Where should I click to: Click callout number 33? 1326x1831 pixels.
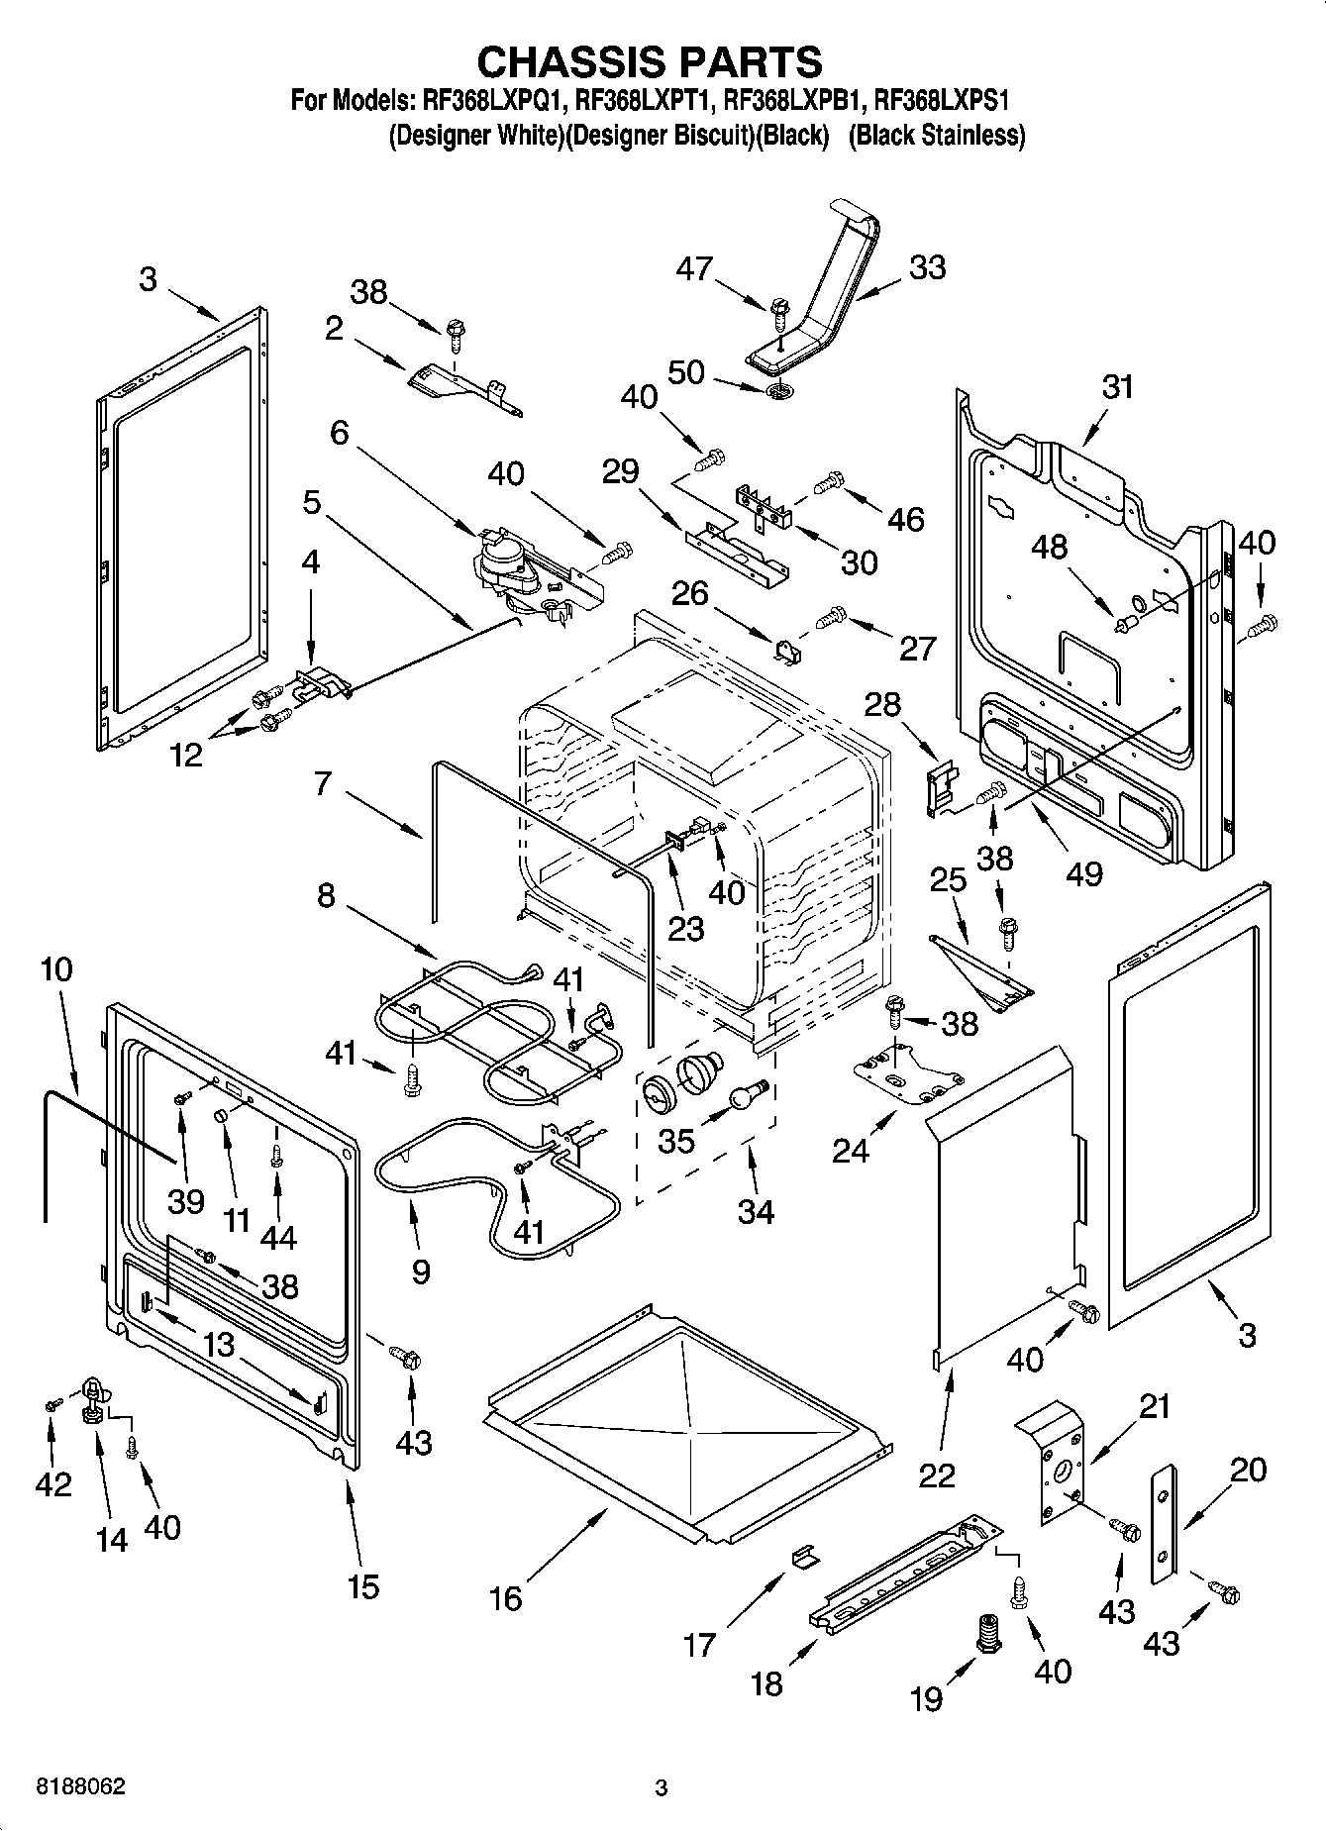point(927,267)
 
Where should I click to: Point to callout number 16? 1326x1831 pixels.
point(506,1597)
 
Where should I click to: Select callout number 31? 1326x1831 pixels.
point(1117,386)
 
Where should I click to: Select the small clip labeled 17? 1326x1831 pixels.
point(806,1558)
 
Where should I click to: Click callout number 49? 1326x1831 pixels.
point(1083,872)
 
